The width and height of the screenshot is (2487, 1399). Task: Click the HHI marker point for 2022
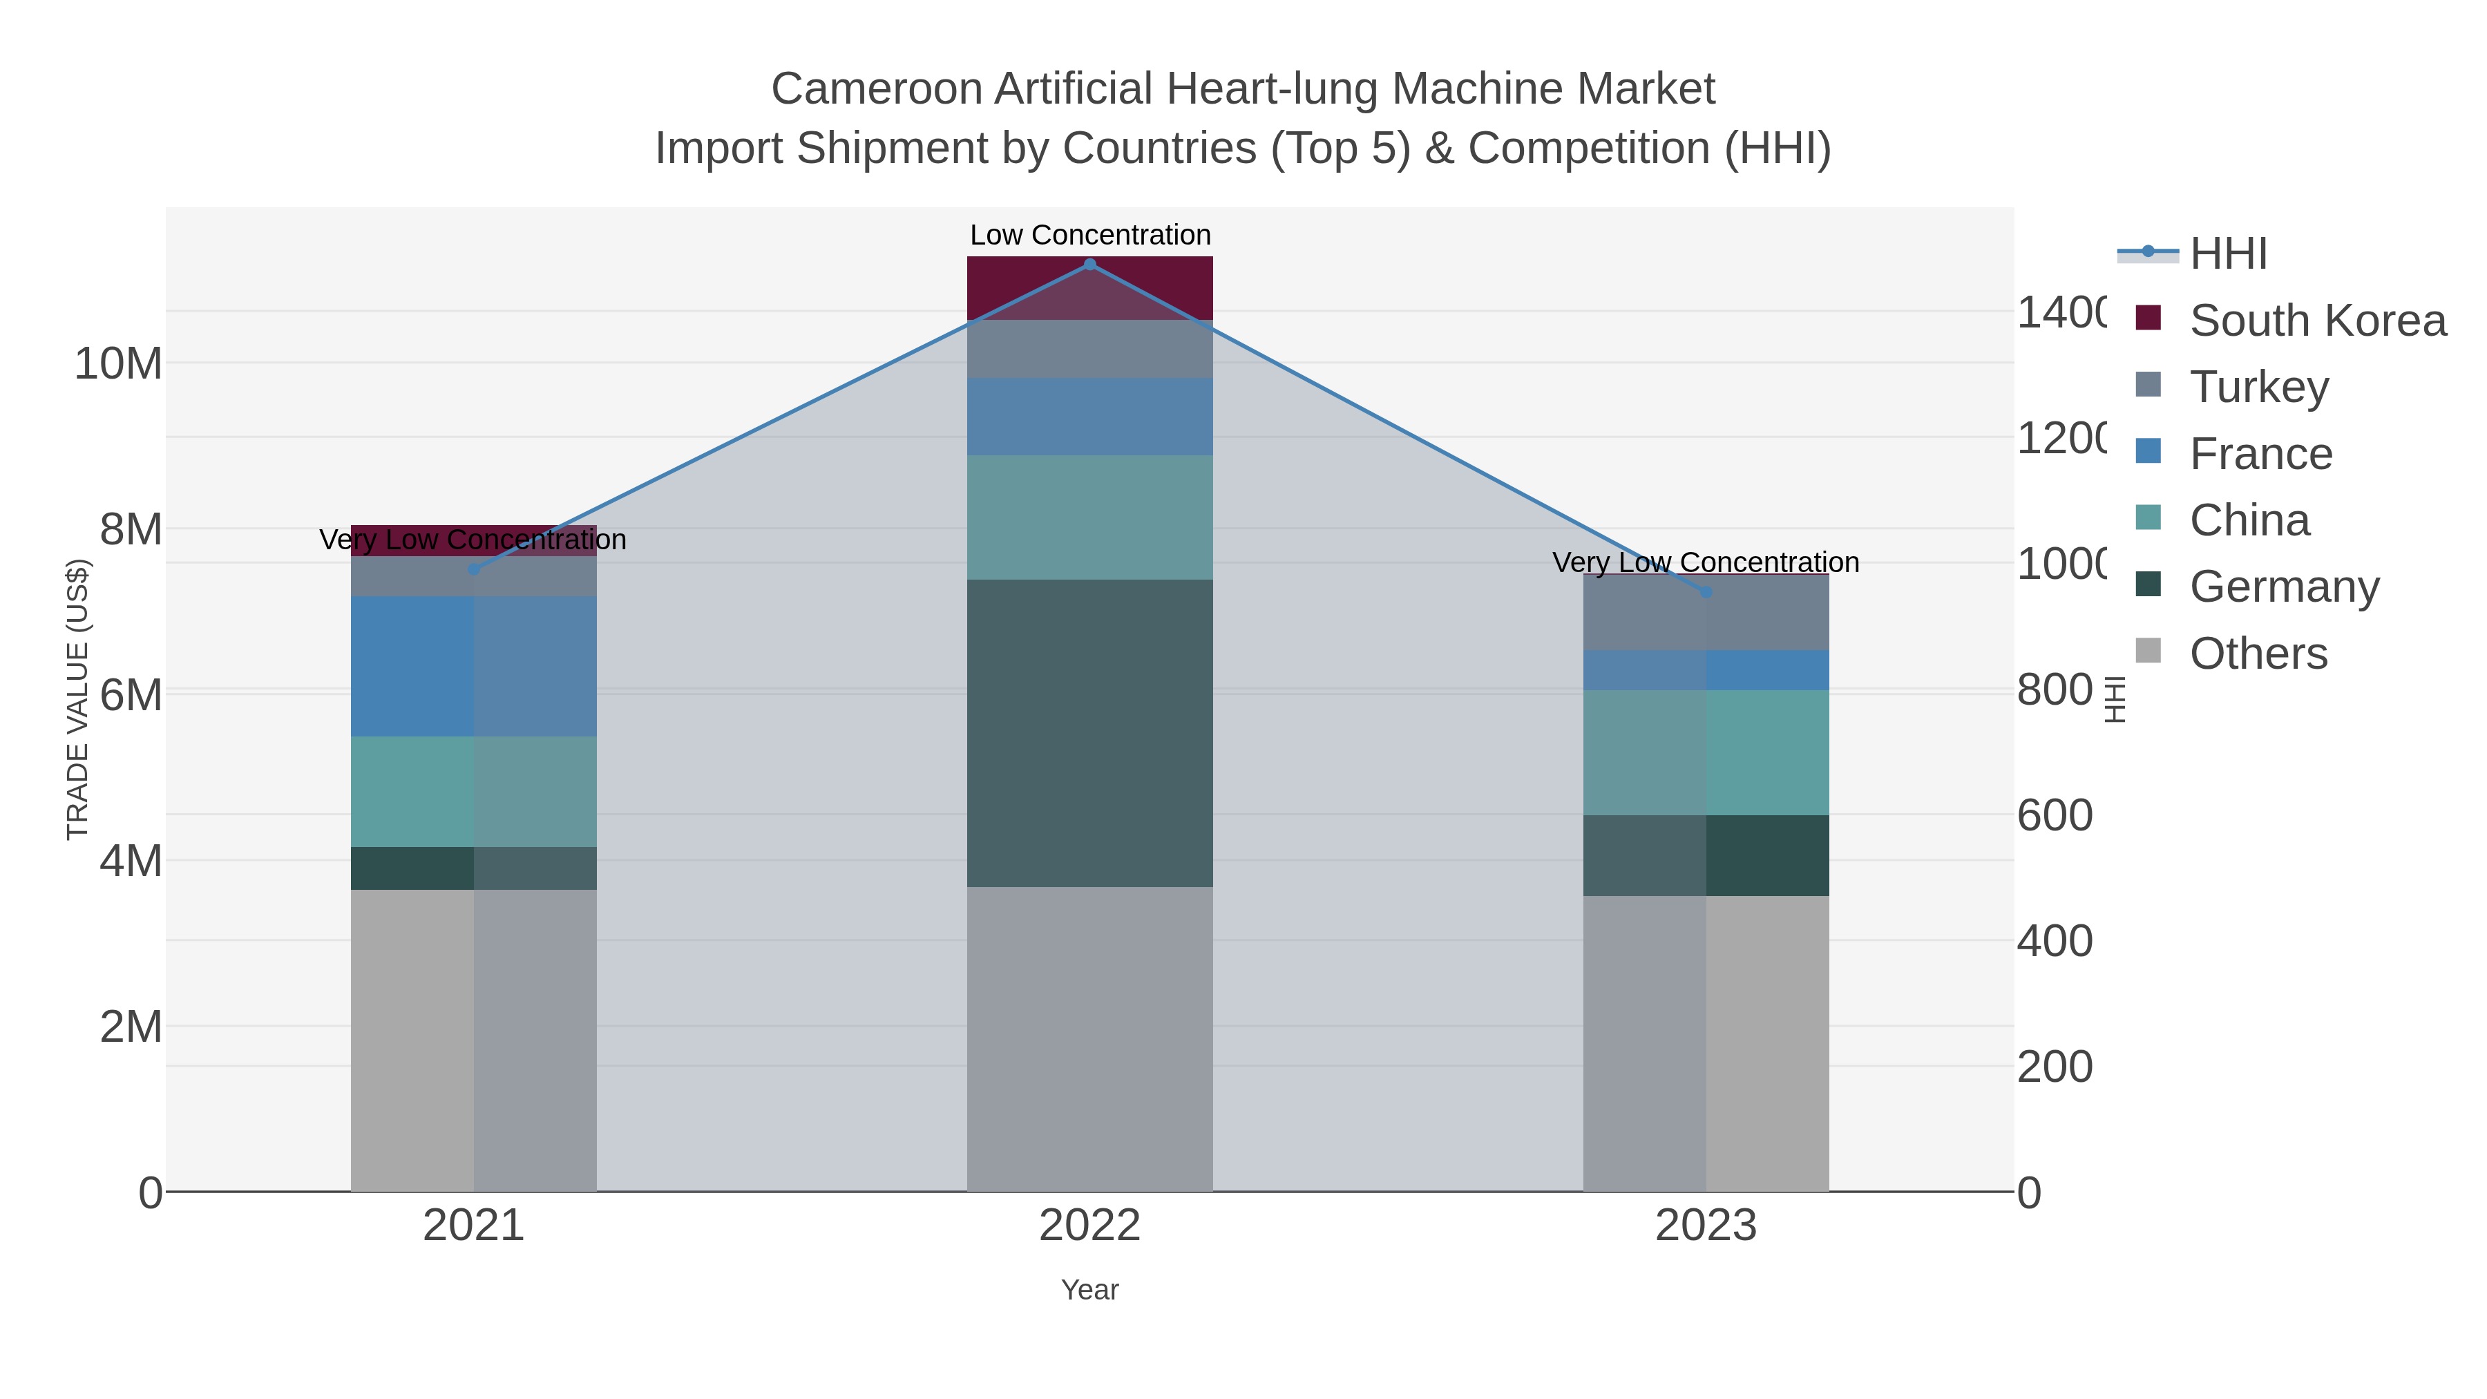pos(1090,265)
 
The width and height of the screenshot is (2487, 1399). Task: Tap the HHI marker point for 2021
pos(473,570)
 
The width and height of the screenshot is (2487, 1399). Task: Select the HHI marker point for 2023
pos(1706,592)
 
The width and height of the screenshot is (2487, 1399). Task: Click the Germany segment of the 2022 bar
pos(1090,733)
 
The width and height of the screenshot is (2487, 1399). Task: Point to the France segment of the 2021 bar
pos(473,666)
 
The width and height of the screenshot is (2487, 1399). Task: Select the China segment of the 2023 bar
pos(1706,752)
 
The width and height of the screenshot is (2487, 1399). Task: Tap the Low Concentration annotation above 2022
pos(1090,235)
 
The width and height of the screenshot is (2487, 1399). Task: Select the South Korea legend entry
pos(2317,321)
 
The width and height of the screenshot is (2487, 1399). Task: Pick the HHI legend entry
pos(2228,254)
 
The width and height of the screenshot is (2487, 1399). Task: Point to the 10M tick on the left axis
pos(117,364)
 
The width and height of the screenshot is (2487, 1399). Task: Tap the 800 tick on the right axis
pos(2055,690)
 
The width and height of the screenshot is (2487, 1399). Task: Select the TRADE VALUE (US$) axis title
pos(77,699)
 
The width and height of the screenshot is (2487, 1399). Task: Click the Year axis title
pos(1090,1290)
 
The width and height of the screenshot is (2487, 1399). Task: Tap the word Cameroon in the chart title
pos(877,89)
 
